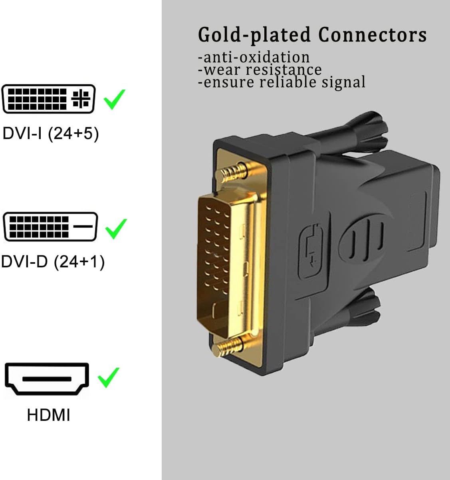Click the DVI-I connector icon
tap(49, 98)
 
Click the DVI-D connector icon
tap(50, 227)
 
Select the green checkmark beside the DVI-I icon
tap(114, 100)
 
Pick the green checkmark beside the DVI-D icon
tap(115, 229)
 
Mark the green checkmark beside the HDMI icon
tap(108, 377)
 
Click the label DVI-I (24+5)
tap(50, 133)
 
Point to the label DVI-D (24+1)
tap(53, 262)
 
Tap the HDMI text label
tap(48, 415)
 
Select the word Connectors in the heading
tap(373, 35)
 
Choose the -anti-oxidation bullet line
tap(254, 57)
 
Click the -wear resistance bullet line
tap(260, 70)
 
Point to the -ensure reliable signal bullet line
tap(282, 82)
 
